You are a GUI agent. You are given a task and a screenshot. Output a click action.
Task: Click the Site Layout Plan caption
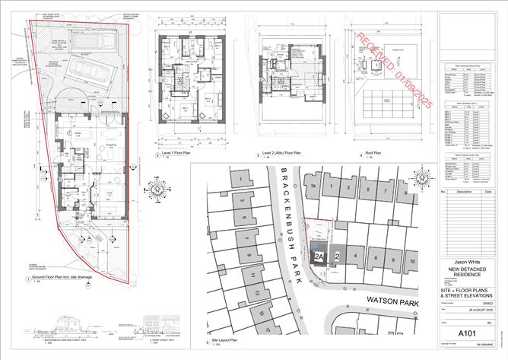(x=217, y=343)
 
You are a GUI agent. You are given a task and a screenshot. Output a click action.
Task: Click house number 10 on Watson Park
(x=412, y=260)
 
